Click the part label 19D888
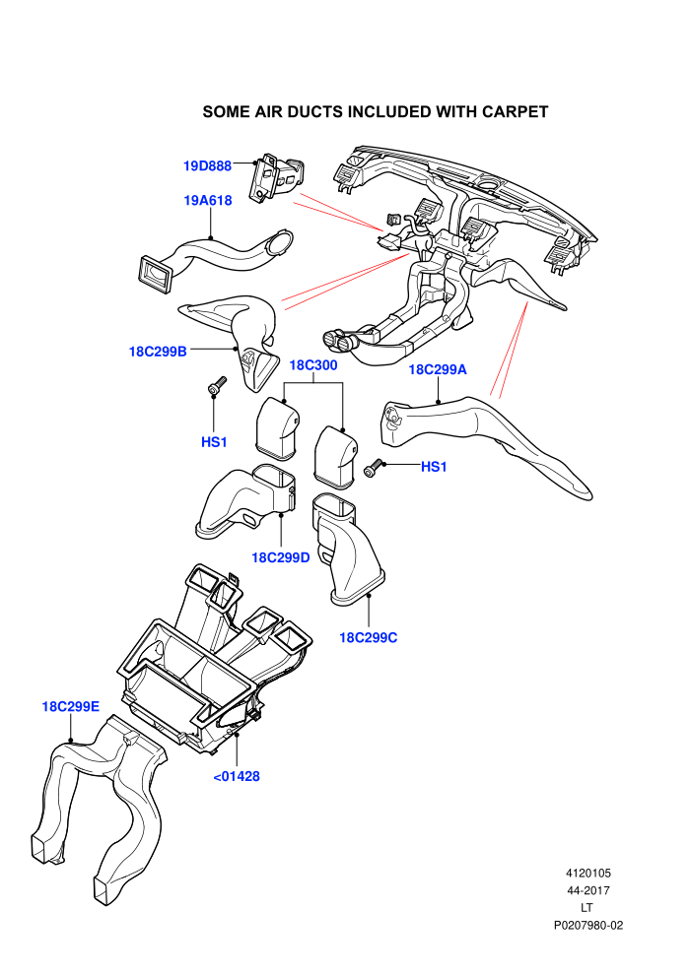click(x=207, y=166)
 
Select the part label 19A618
click(x=208, y=200)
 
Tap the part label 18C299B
click(x=158, y=352)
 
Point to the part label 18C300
click(x=313, y=365)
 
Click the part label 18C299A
click(x=438, y=369)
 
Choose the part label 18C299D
click(x=281, y=557)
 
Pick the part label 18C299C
click(x=369, y=637)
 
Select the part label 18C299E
click(x=70, y=706)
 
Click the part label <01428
click(x=237, y=776)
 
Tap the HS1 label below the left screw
click(x=214, y=442)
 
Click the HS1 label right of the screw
click(x=434, y=467)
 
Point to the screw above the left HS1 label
click(x=216, y=385)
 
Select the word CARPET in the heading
click(x=515, y=112)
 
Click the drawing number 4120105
click(x=588, y=873)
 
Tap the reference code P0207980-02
click(x=588, y=925)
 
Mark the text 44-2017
click(x=588, y=890)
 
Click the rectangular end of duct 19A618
click(x=155, y=274)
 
